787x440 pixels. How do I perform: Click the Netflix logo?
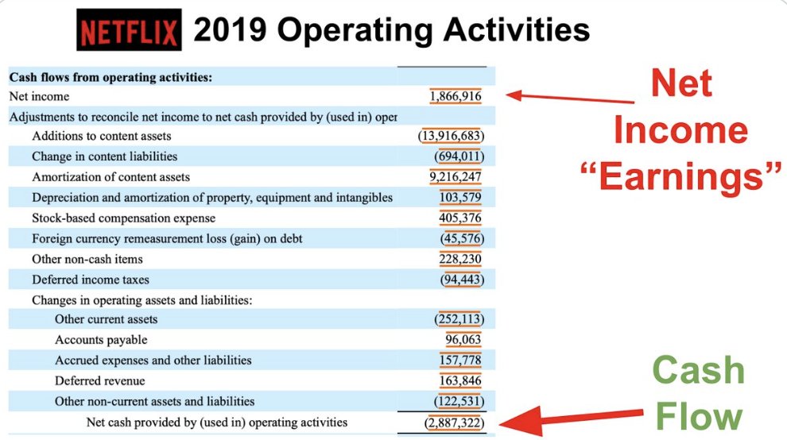130,32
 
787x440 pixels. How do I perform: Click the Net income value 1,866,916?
455,96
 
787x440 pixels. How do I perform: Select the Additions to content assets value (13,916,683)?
451,136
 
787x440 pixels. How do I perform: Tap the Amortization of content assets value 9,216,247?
455,176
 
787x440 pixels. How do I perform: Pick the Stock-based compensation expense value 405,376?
459,218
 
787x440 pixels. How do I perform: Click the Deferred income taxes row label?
91,280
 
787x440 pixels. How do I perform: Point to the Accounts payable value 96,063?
463,340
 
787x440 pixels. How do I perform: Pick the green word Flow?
699,417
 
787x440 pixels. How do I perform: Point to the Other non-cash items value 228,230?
459,259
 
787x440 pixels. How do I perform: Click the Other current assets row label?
106,319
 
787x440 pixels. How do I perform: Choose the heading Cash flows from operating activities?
110,77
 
